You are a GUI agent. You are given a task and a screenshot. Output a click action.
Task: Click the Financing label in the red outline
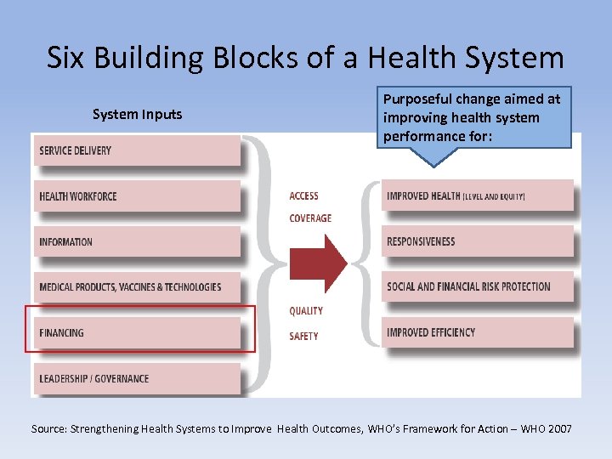[x=62, y=333]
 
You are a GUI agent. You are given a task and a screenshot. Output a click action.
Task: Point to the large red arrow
[x=318, y=263]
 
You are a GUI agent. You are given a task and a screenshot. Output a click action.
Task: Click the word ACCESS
[x=303, y=196]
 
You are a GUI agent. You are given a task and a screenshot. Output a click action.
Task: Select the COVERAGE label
[x=310, y=218]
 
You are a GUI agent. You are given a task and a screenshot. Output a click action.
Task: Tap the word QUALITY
[x=306, y=311]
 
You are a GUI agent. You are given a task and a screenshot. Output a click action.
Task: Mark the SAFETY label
[x=303, y=336]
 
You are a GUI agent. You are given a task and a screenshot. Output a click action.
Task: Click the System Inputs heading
[x=137, y=115]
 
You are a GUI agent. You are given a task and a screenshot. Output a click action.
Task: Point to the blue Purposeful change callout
[x=473, y=118]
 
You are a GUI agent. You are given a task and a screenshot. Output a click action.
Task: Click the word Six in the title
[x=66, y=59]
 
